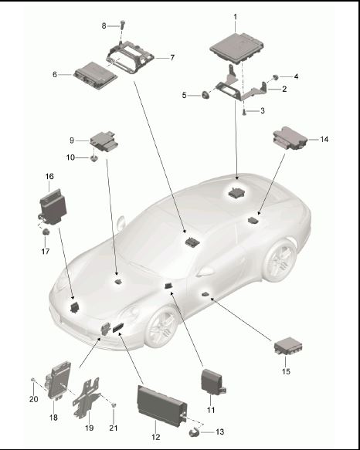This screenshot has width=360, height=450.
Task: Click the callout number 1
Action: (x=235, y=17)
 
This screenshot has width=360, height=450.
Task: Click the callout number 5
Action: (x=184, y=95)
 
